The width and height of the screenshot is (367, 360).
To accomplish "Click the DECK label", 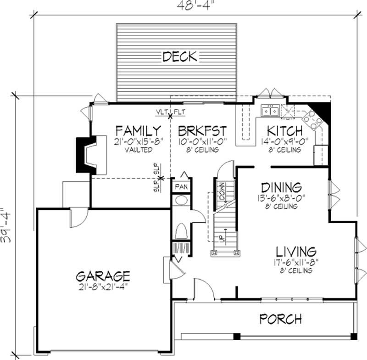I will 179,56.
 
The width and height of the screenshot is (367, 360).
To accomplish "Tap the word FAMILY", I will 138,130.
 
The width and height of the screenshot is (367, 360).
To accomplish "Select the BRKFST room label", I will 202,130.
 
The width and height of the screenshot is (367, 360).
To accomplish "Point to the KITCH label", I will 285,130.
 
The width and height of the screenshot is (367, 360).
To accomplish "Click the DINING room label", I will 281,187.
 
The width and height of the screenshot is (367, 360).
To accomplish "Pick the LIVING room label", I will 296,252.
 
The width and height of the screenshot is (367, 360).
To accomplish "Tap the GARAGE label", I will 103,276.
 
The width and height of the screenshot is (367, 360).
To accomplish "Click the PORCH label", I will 281,318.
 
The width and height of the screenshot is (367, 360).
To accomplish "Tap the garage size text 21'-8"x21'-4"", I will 103,287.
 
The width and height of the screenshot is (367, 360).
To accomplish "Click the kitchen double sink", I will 269,111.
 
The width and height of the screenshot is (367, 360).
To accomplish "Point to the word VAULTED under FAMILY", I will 139,150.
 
